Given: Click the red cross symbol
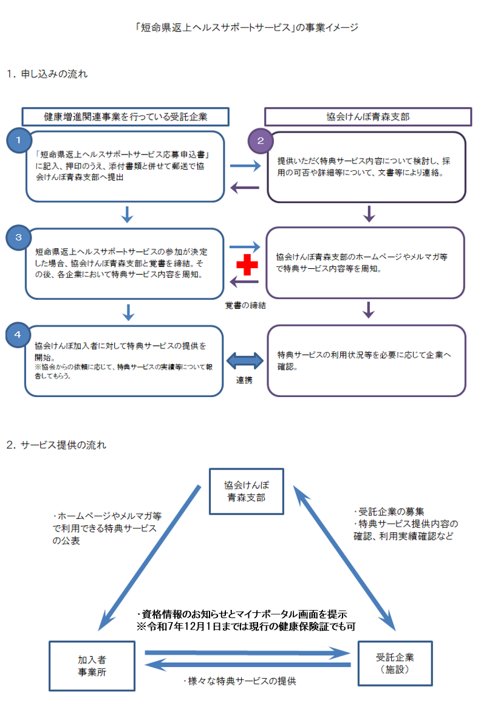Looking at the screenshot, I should tap(247, 265).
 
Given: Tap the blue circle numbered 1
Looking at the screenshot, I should tap(19, 140).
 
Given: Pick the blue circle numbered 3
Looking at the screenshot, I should tap(19, 237).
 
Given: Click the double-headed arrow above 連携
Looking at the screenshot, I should tap(245, 361).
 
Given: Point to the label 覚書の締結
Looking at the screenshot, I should tap(245, 306).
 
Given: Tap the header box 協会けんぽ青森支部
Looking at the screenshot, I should tap(368, 116).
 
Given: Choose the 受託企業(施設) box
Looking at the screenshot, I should tap(395, 663).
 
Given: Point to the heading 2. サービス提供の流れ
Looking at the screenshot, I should tap(56, 445).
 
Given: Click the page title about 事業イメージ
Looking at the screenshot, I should tap(247, 27).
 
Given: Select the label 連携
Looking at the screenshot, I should tap(245, 381).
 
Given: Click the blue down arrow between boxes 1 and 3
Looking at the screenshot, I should tap(127, 214).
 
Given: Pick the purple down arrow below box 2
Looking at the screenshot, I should tap(368, 214).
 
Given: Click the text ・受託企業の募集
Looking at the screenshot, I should tap(389, 511).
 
